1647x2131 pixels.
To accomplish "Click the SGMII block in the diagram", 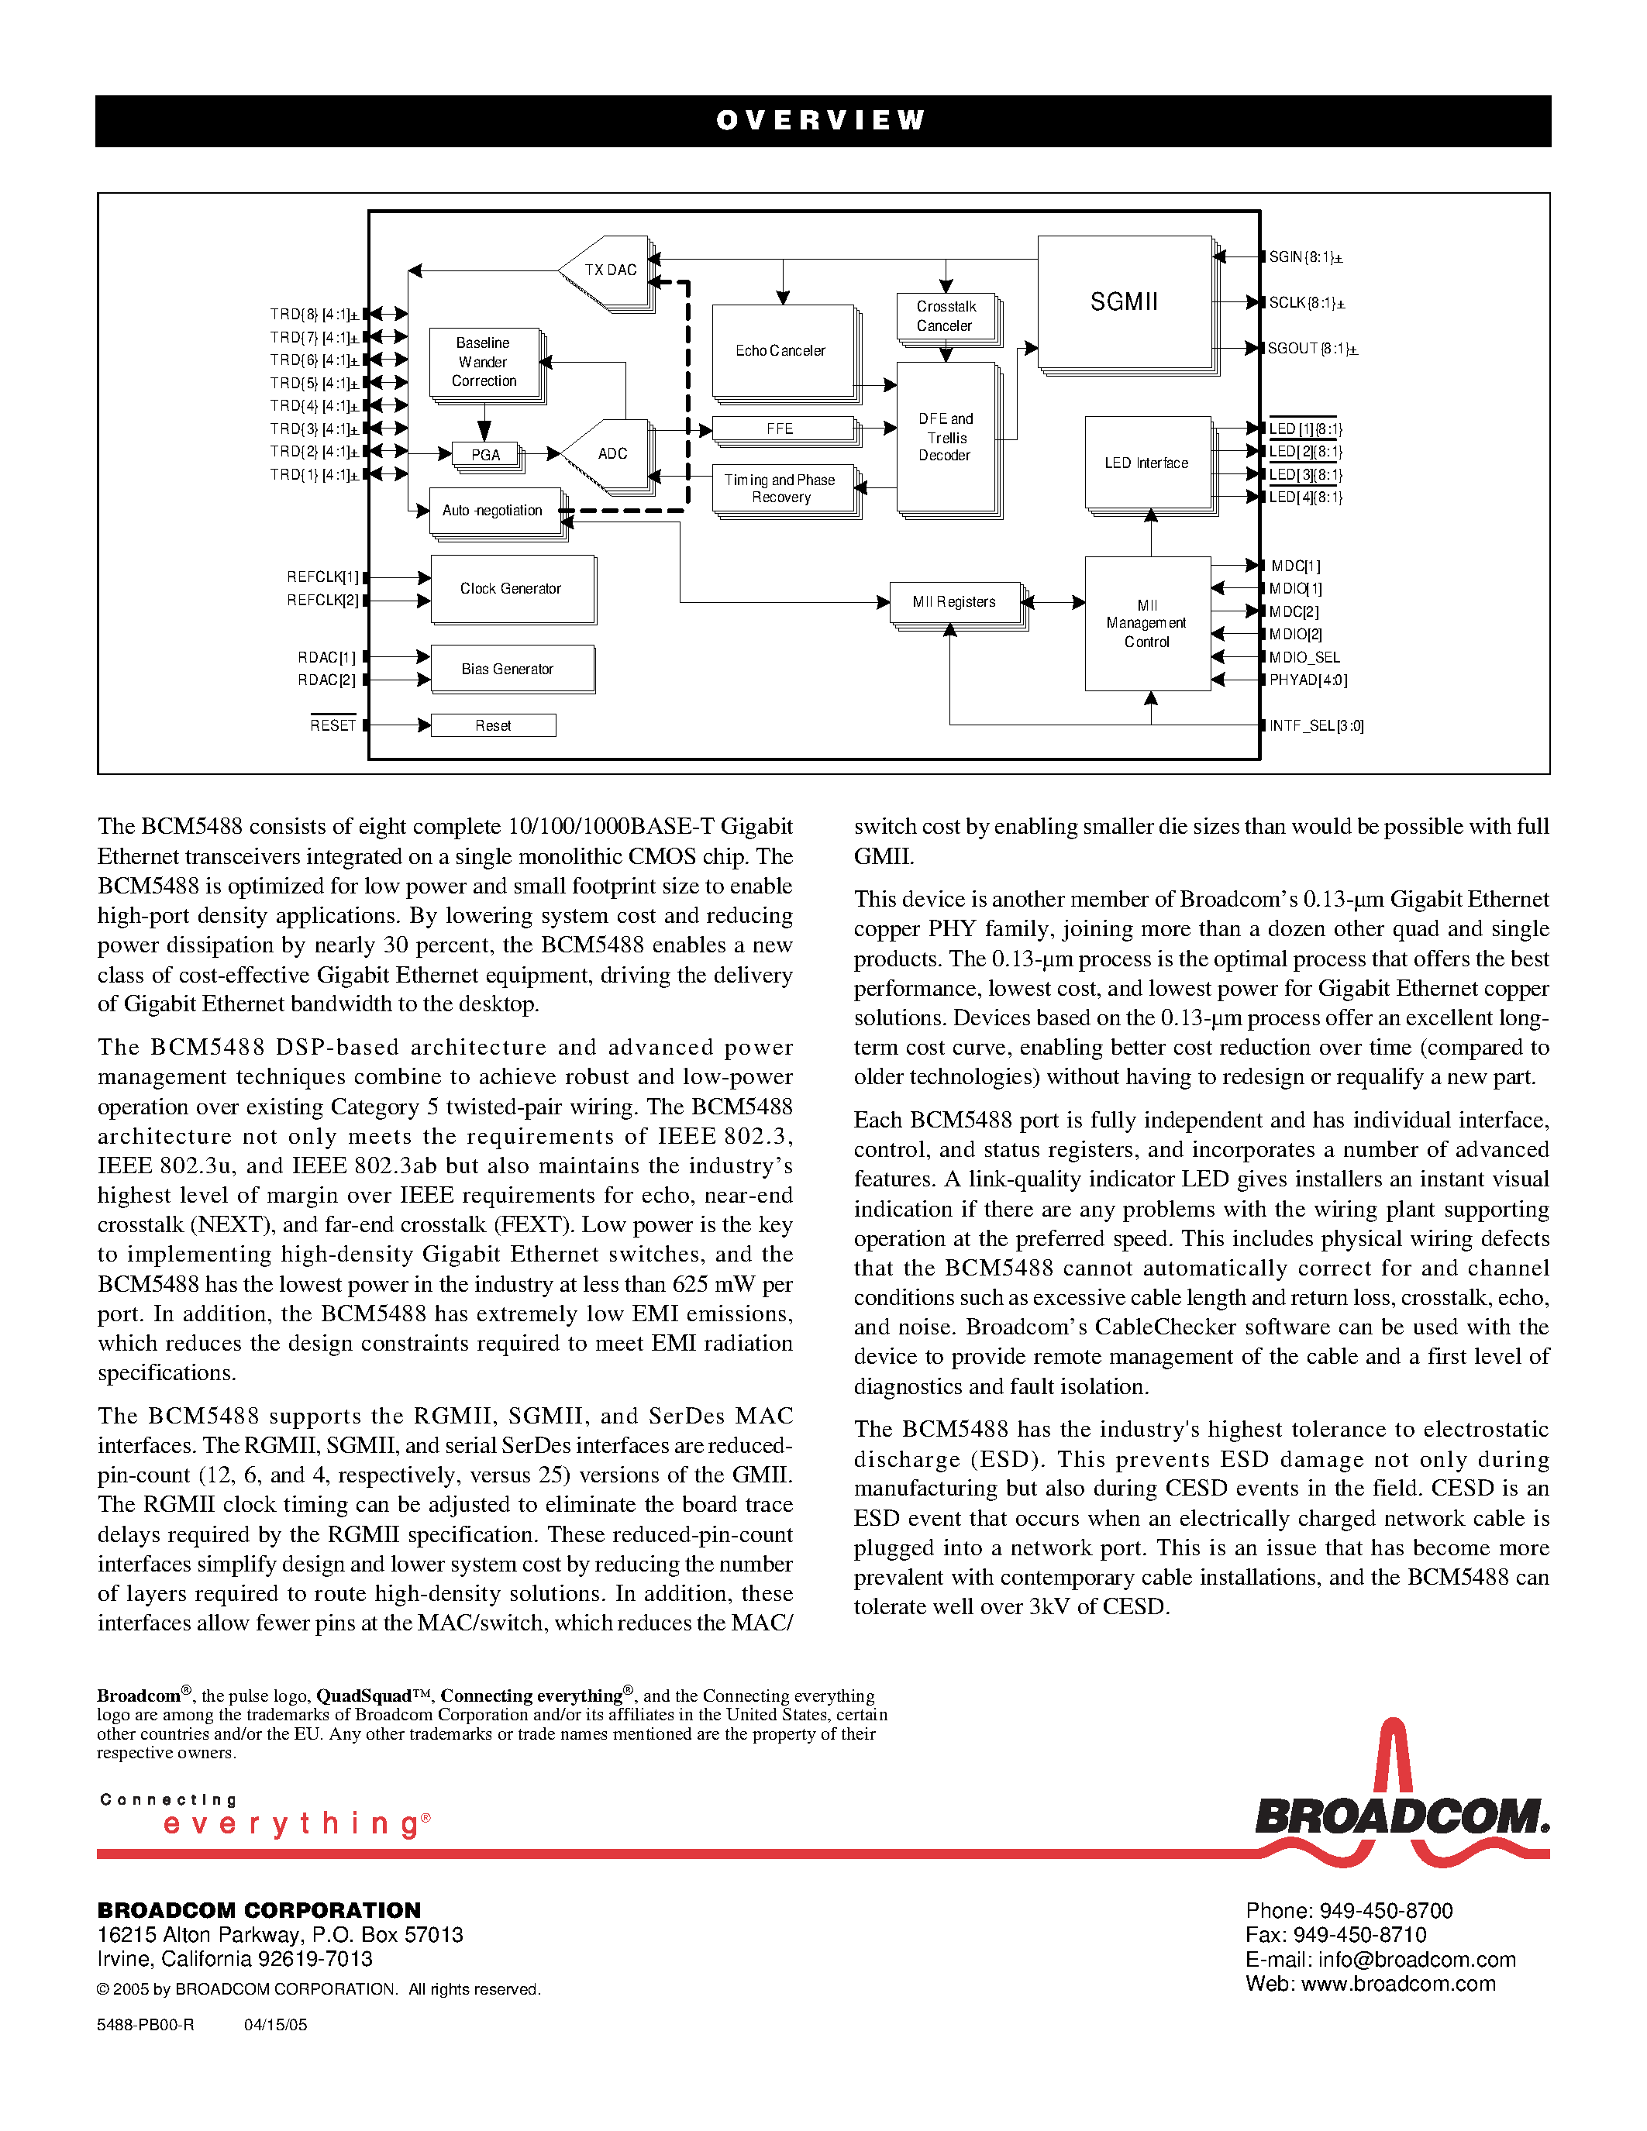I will click(1124, 301).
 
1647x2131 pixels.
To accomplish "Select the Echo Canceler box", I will click(780, 350).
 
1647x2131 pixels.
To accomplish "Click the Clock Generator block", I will click(512, 588).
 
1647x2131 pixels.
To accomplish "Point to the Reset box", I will click(493, 725).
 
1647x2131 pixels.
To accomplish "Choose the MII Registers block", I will click(954, 602).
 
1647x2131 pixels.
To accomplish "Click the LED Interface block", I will click(1146, 463).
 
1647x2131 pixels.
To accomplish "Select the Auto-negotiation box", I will click(494, 511).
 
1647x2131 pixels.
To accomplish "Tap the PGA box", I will click(485, 455).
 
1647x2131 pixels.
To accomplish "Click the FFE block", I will click(780, 429).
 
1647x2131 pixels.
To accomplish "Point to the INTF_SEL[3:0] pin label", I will click(1316, 726).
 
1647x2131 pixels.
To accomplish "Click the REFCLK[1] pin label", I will click(322, 577).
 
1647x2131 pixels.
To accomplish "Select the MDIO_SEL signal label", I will click(1304, 658).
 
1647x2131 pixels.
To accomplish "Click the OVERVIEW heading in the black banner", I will click(822, 120).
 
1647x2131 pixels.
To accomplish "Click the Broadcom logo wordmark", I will click(1401, 1817).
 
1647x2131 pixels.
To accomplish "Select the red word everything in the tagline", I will click(293, 1823).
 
